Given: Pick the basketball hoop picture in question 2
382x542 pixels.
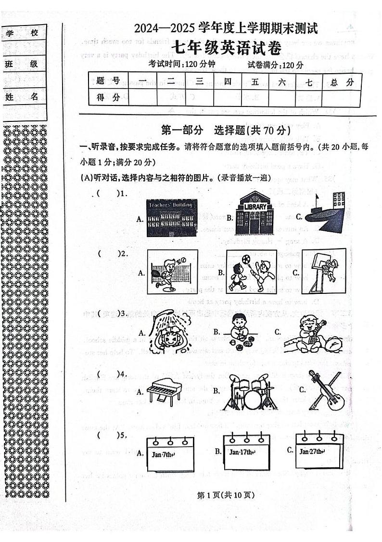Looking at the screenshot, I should point(323,271).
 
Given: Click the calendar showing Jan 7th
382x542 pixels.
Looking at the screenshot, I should point(171,455).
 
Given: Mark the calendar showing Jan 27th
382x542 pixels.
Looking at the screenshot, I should point(319,452).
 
